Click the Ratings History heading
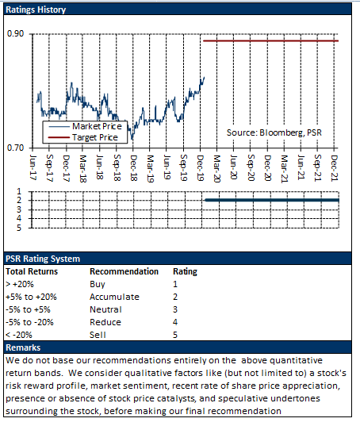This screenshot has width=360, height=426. (x=36, y=10)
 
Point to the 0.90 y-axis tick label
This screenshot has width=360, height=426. (x=16, y=33)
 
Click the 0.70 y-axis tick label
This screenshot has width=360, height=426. (x=16, y=148)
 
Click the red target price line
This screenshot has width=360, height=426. (x=270, y=41)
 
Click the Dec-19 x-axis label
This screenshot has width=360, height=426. (x=201, y=168)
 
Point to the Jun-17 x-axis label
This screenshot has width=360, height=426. (x=33, y=167)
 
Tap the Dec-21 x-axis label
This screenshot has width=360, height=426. (x=335, y=168)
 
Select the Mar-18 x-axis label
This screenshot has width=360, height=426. (x=82, y=168)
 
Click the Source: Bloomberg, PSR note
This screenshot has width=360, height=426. (x=274, y=132)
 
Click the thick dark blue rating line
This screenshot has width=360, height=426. (x=272, y=200)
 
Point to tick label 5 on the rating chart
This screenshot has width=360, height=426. (x=19, y=228)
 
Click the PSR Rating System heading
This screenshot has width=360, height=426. (x=43, y=259)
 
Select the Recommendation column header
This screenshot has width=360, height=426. (x=124, y=271)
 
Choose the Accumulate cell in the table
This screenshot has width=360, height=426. (x=114, y=297)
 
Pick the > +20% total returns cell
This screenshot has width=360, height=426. (x=20, y=284)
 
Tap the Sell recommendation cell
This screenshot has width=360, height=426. (x=98, y=335)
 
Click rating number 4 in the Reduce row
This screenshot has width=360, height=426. (x=175, y=322)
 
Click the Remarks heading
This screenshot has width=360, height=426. (x=23, y=347)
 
